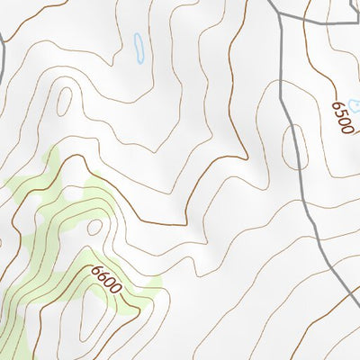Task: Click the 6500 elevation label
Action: [343, 118]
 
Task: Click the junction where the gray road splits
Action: [281, 17]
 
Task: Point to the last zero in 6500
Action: [348, 129]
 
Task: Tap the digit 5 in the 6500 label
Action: [341, 113]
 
